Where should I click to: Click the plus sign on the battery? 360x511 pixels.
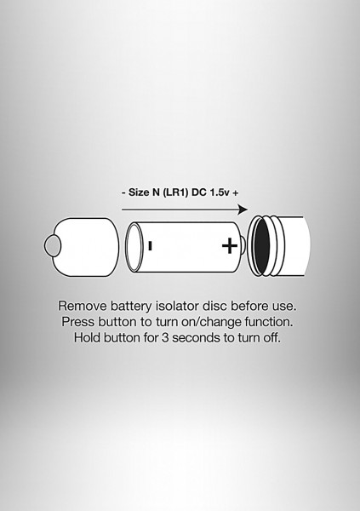pyautogui.click(x=230, y=246)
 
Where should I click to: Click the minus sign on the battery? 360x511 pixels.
pyautogui.click(x=150, y=246)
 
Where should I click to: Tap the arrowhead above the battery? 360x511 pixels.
pyautogui.click(x=243, y=210)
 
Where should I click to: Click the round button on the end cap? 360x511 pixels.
pyautogui.click(x=52, y=246)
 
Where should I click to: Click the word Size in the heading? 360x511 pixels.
pyautogui.click(x=139, y=192)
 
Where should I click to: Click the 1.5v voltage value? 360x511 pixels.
pyautogui.click(x=220, y=192)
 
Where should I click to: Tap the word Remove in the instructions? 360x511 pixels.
pyautogui.click(x=82, y=306)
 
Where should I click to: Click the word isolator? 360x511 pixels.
pyautogui.click(x=177, y=306)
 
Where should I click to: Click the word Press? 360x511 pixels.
pyautogui.click(x=77, y=322)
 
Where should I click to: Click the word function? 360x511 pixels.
pyautogui.click(x=269, y=322)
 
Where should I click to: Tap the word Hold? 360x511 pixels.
pyautogui.click(x=87, y=337)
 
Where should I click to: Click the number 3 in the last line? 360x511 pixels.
pyautogui.click(x=165, y=337)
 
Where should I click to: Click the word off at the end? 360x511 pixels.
pyautogui.click(x=272, y=337)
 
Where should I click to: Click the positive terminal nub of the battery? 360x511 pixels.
pyautogui.click(x=243, y=245)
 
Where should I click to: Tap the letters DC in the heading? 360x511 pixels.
pyautogui.click(x=199, y=192)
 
